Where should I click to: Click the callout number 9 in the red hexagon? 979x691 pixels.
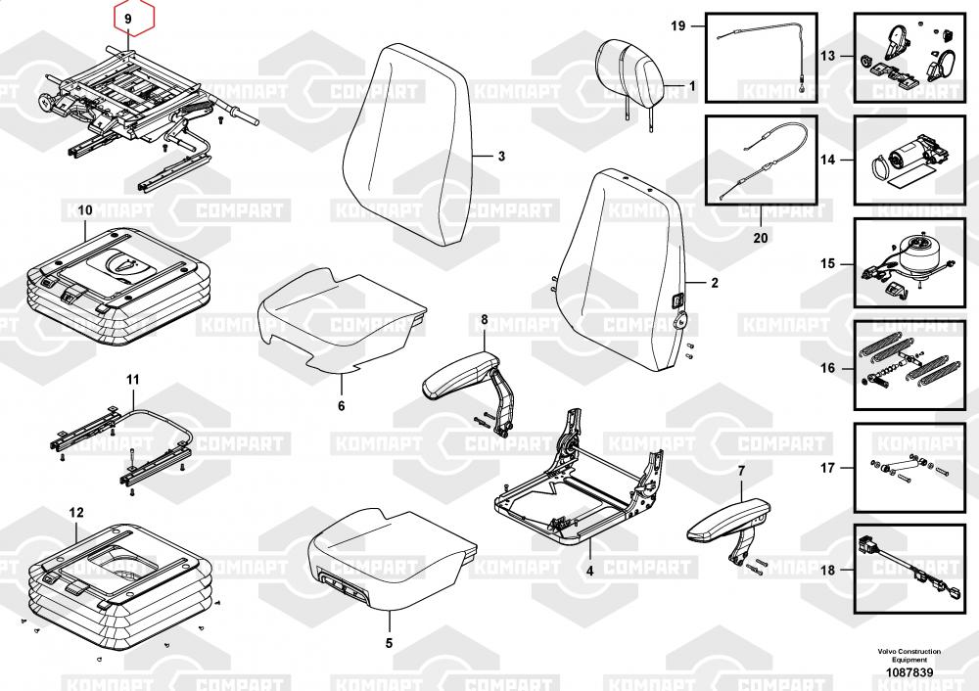(128, 19)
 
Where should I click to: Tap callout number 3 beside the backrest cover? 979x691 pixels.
(501, 156)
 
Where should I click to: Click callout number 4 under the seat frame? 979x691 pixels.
(590, 571)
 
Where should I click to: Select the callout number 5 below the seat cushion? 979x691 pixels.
(389, 643)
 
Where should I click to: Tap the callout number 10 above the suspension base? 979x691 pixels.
(85, 210)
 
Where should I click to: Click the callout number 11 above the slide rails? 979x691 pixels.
(133, 380)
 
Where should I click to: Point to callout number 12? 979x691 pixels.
(75, 513)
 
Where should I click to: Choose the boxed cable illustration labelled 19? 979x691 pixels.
(762, 57)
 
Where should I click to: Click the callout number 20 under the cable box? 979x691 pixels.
(761, 238)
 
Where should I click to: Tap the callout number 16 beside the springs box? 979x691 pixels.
(827, 368)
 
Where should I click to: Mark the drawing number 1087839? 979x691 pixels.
(909, 672)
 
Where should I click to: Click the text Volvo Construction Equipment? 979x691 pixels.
(909, 656)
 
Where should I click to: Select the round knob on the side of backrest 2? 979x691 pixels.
(681, 322)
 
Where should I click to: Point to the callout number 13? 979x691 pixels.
(827, 56)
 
